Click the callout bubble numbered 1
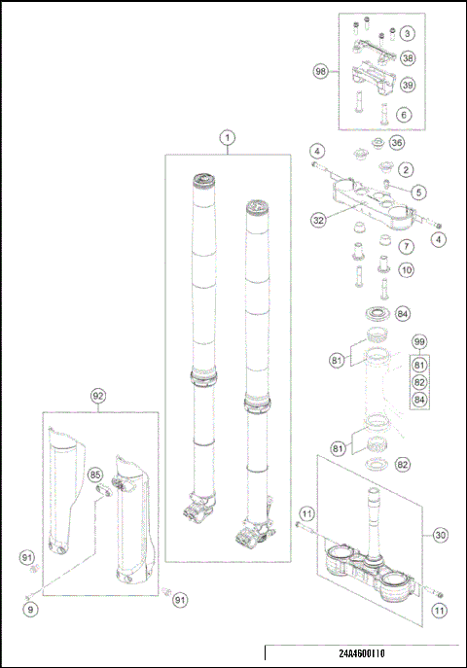click(228, 138)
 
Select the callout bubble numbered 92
click(98, 396)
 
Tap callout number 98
click(321, 71)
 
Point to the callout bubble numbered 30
click(440, 534)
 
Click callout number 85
click(95, 475)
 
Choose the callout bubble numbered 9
click(30, 610)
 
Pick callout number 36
click(397, 142)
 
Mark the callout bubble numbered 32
click(318, 220)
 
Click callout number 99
click(419, 341)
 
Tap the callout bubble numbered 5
click(419, 193)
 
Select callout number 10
click(406, 270)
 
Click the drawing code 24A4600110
click(362, 653)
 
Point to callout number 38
click(408, 58)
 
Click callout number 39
click(408, 85)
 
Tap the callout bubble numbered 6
click(404, 114)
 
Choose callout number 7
click(406, 246)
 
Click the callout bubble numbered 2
click(406, 169)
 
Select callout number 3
click(408, 33)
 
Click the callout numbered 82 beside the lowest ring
click(402, 465)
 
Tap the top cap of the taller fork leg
click(204, 181)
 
